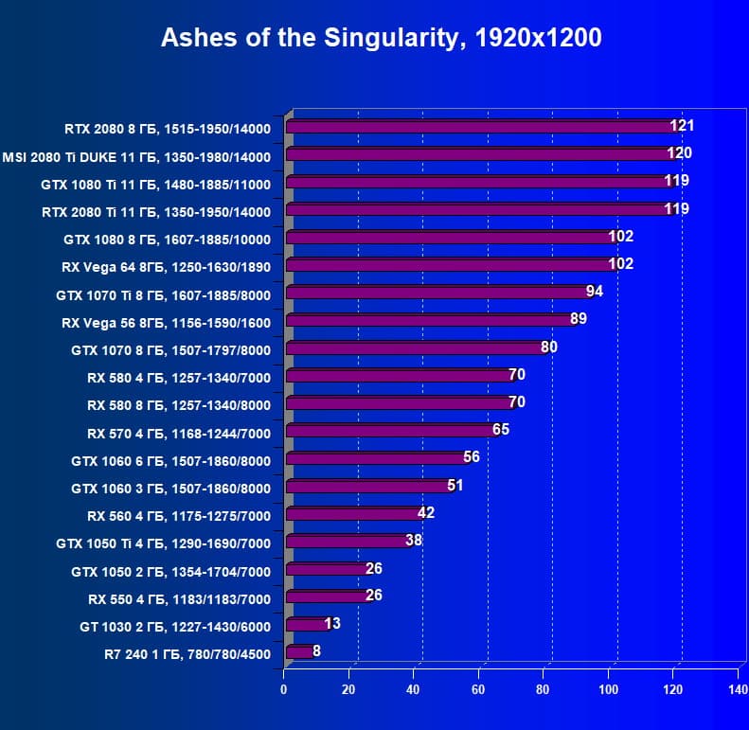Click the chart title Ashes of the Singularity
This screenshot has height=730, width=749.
[381, 37]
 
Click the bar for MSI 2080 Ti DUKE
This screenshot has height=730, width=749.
[479, 154]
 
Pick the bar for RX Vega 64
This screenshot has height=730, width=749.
[450, 265]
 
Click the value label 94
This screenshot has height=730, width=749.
[594, 291]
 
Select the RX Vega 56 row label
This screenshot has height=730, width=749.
[167, 323]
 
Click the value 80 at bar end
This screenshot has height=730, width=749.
[548, 347]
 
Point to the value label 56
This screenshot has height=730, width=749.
[472, 456]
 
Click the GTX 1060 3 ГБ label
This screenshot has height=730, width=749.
[171, 489]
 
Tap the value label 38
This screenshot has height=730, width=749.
[413, 540]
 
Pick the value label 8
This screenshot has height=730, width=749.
[316, 650]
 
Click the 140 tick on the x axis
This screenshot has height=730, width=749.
[739, 689]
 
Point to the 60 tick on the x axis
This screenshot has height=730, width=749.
[479, 689]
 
